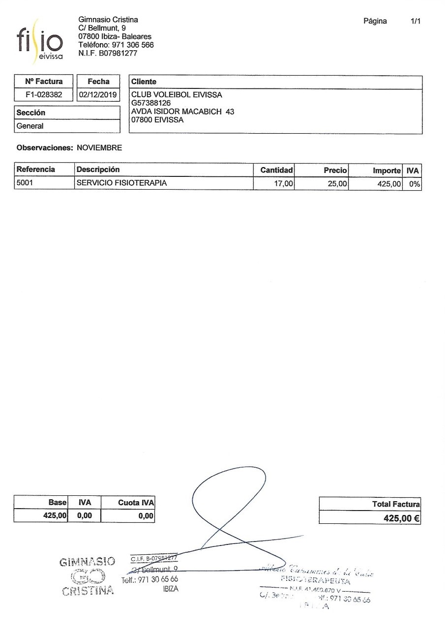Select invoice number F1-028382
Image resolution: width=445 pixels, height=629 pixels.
(x=44, y=95)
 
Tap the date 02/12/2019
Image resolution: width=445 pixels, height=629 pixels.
(x=98, y=95)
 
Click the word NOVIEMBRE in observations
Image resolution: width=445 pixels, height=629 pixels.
(x=99, y=147)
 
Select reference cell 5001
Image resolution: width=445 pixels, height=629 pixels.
(x=25, y=183)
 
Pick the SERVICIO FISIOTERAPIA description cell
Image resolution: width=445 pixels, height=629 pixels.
(x=121, y=183)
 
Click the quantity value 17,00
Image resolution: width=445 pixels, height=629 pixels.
(x=284, y=184)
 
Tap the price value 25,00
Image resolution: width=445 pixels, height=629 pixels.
(x=337, y=184)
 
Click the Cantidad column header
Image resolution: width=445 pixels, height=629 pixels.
(x=276, y=170)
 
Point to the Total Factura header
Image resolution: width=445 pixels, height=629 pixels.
(x=396, y=504)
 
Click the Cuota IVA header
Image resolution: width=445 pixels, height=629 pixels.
(x=136, y=503)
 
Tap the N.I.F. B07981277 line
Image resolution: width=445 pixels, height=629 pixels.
(x=108, y=53)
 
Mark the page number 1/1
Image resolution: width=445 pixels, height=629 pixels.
(x=415, y=21)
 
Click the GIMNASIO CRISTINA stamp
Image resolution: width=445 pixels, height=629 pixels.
(x=88, y=576)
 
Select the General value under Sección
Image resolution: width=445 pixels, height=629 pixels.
(x=30, y=126)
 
